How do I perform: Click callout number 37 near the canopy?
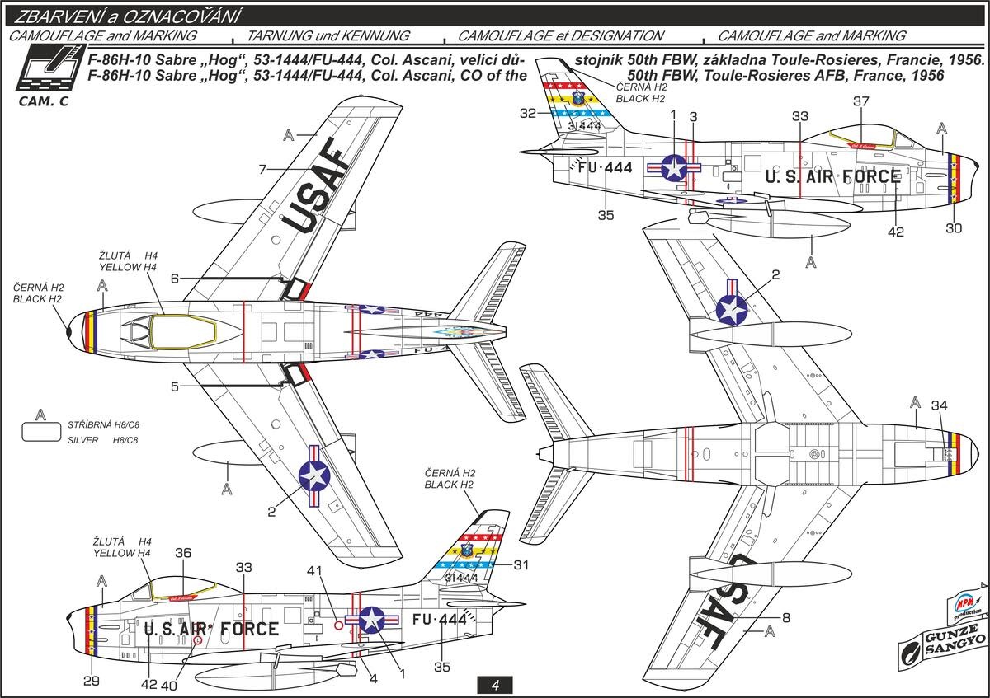[862, 101]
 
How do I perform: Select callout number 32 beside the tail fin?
[528, 114]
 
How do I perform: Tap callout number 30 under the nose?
[954, 228]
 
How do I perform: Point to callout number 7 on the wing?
[262, 169]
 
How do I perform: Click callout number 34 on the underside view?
[940, 405]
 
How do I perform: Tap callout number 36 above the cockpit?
[183, 553]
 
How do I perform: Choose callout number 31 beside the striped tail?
[521, 564]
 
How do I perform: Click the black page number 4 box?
[494, 685]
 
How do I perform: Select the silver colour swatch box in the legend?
[40, 433]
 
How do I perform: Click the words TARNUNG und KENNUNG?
[340, 36]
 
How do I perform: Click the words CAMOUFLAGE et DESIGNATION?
[560, 36]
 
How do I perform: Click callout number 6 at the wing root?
[175, 279]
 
